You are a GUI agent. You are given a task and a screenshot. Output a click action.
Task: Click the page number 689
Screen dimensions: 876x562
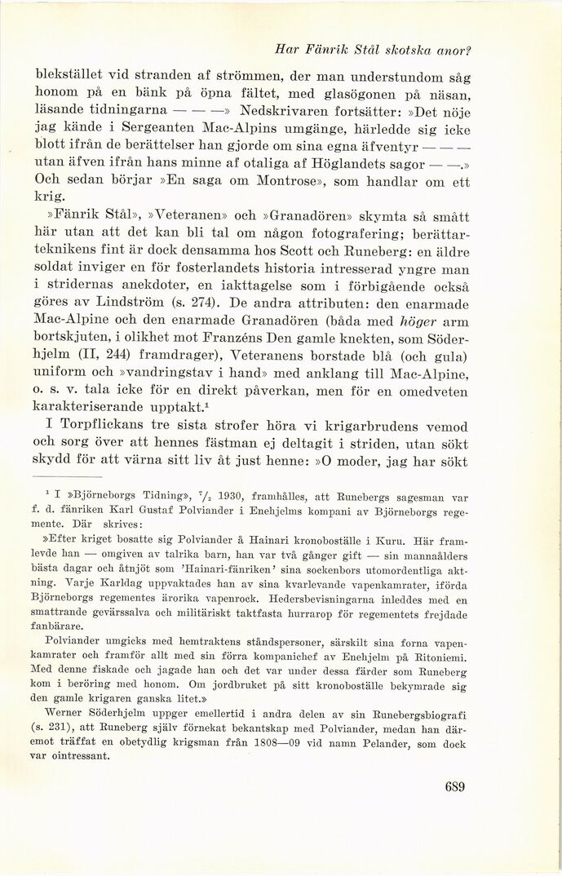(x=455, y=787)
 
